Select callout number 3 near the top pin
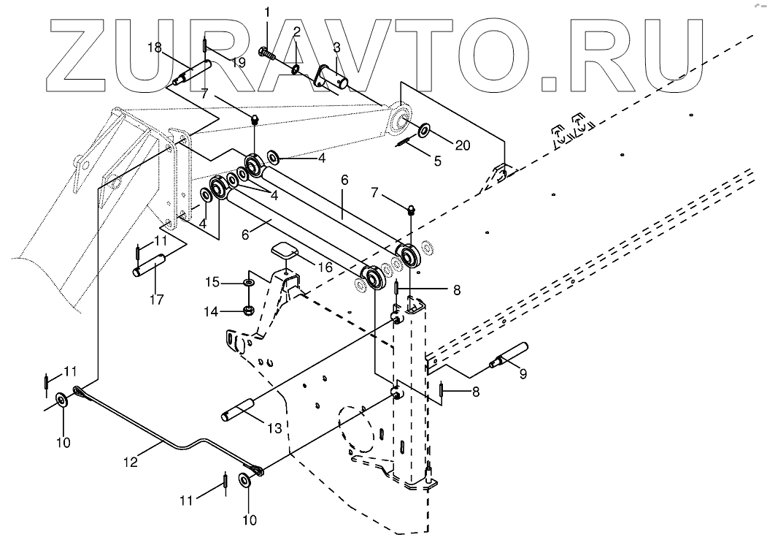[336, 48]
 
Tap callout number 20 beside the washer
[463, 145]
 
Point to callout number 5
[437, 161]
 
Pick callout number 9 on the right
[522, 374]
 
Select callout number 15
[210, 281]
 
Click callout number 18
[154, 47]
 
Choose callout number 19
[238, 63]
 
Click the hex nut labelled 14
[247, 310]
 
